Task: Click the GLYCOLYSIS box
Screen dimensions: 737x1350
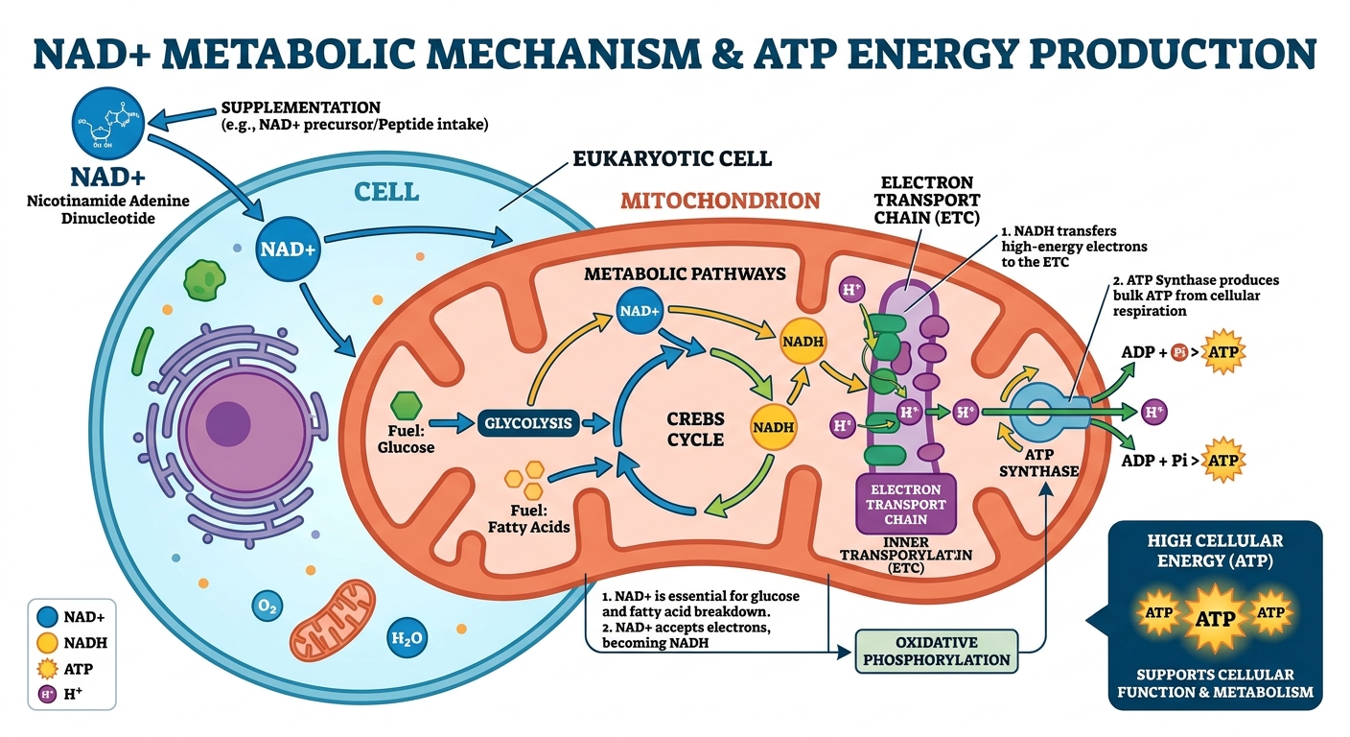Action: point(528,422)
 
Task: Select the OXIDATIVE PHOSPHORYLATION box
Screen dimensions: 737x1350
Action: point(938,650)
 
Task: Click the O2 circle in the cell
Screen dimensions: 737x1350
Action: point(268,606)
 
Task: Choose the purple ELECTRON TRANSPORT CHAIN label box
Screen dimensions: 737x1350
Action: point(906,503)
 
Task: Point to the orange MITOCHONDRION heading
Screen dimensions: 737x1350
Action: point(720,201)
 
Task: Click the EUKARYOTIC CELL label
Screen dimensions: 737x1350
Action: point(671,159)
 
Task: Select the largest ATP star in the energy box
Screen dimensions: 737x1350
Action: point(1215,618)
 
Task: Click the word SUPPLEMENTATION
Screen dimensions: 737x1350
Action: point(301,107)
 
